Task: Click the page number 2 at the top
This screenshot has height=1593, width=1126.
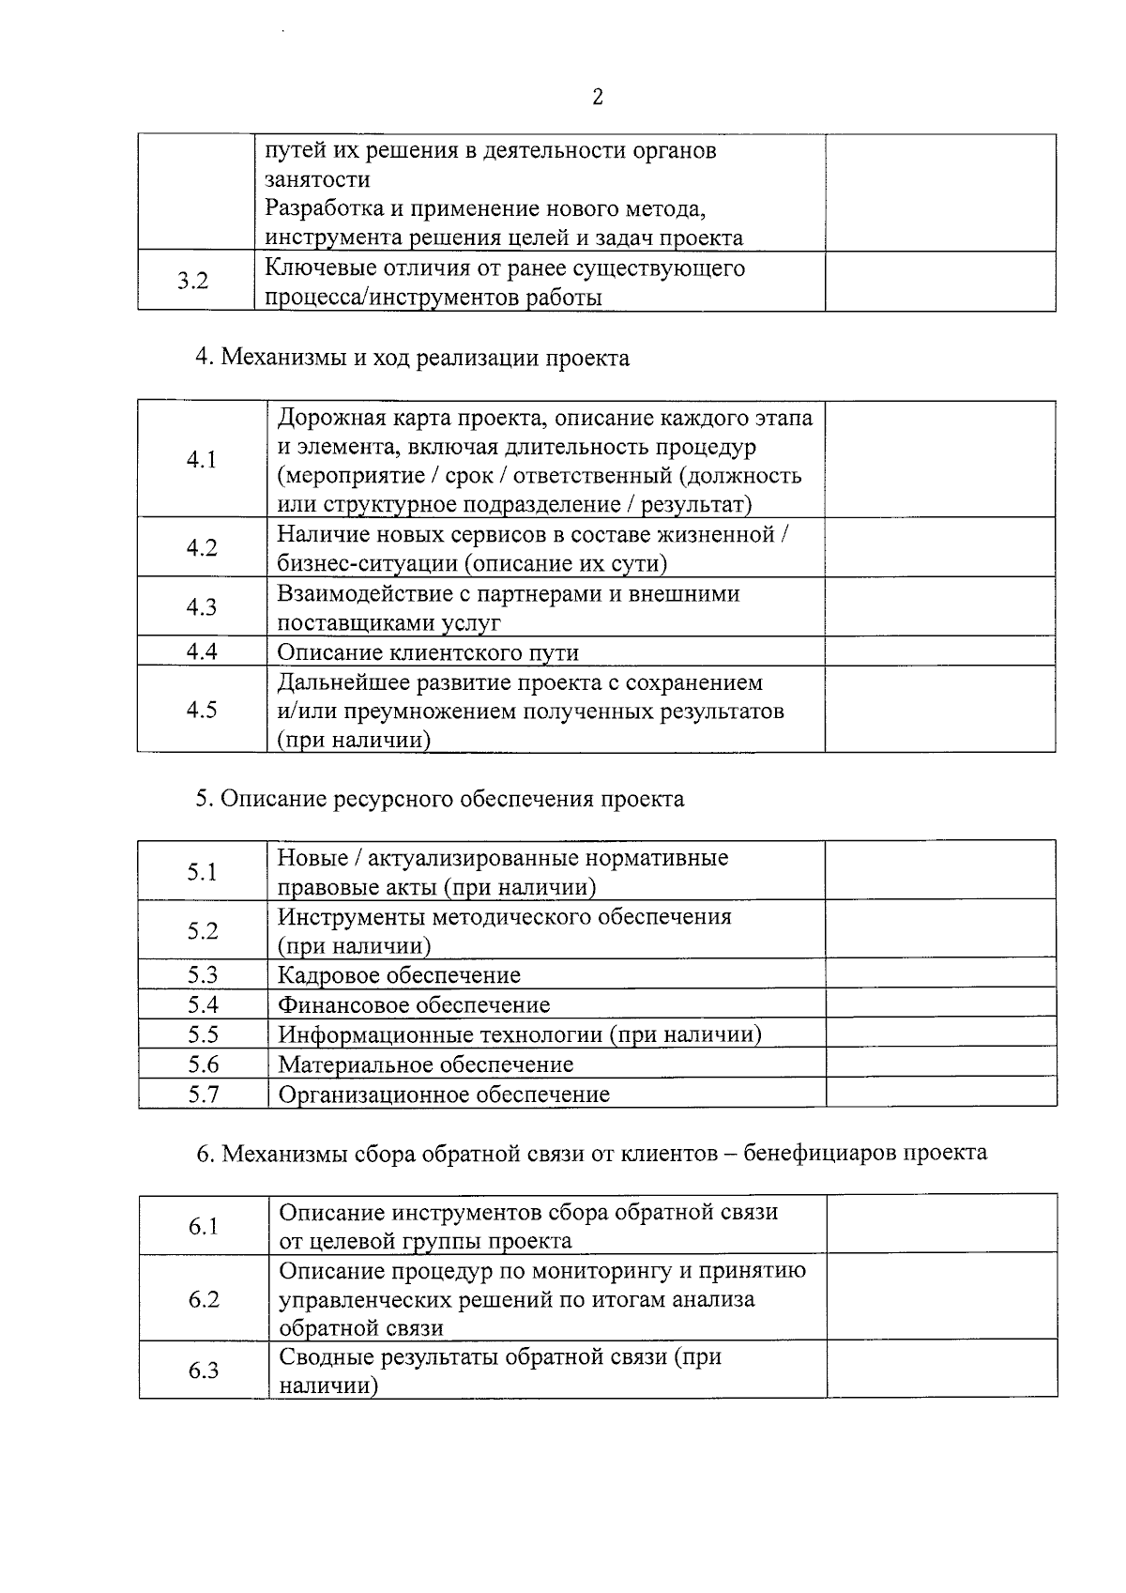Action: pyautogui.click(x=597, y=98)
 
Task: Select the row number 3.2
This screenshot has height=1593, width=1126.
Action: pyautogui.click(x=193, y=281)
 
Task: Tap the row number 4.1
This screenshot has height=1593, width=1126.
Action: pyautogui.click(x=201, y=459)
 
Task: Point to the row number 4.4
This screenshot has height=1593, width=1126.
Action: pyautogui.click(x=201, y=651)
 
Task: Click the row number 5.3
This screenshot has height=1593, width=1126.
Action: pyautogui.click(x=203, y=974)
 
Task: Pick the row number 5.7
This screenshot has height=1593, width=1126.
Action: pyautogui.click(x=203, y=1094)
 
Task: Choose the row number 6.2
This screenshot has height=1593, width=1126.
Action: pyautogui.click(x=204, y=1299)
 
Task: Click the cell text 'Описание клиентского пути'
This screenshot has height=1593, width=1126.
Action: pyautogui.click(x=428, y=652)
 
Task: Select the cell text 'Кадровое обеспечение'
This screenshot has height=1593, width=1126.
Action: pyautogui.click(x=400, y=975)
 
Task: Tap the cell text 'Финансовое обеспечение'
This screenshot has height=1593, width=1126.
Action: pyautogui.click(x=415, y=1005)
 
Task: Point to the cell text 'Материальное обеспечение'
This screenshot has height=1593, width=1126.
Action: pyautogui.click(x=426, y=1065)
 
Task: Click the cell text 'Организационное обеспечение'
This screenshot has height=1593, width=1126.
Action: pyautogui.click(x=445, y=1095)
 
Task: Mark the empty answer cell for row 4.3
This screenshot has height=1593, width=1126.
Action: pyautogui.click(x=940, y=606)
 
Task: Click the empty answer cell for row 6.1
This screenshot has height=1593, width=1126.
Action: pyautogui.click(x=942, y=1225)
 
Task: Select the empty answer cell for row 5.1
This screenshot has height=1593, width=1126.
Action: pyautogui.click(x=941, y=871)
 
